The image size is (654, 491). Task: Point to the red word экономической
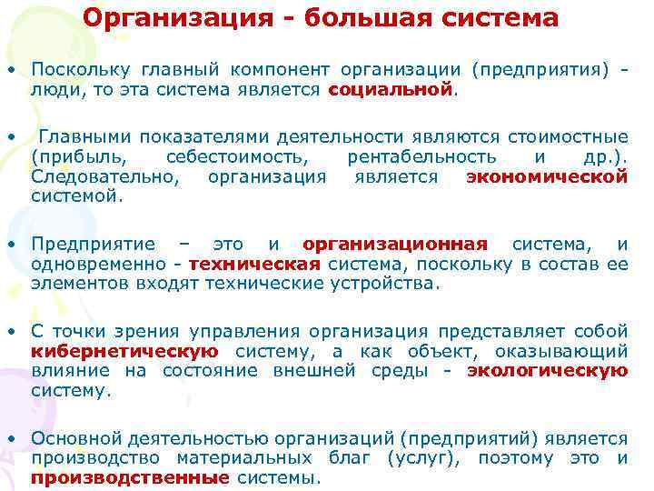(x=546, y=177)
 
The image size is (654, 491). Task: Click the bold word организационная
(x=395, y=244)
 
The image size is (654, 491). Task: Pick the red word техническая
(x=255, y=264)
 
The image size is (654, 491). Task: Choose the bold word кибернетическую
(x=124, y=351)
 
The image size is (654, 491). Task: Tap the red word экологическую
(x=547, y=370)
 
